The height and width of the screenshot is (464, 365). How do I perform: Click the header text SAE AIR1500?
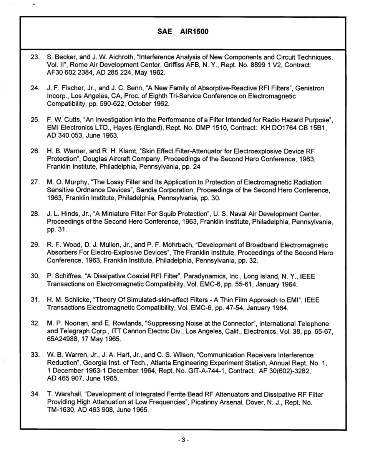point(183,32)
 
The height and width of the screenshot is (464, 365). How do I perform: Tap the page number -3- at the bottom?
point(183,440)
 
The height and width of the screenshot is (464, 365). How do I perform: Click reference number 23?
point(35,57)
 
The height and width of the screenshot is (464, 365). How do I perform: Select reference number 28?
point(35,214)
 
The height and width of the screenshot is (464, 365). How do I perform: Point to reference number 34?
point(35,394)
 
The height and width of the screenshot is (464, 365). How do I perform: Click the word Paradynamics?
point(207,276)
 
